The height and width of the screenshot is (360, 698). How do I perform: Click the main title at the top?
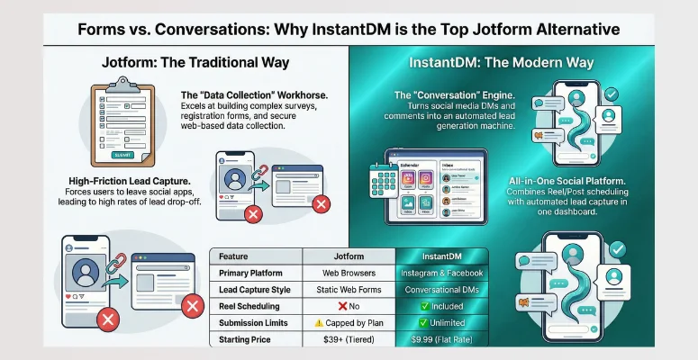tap(349, 29)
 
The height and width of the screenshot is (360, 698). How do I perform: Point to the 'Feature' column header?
tap(237, 256)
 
